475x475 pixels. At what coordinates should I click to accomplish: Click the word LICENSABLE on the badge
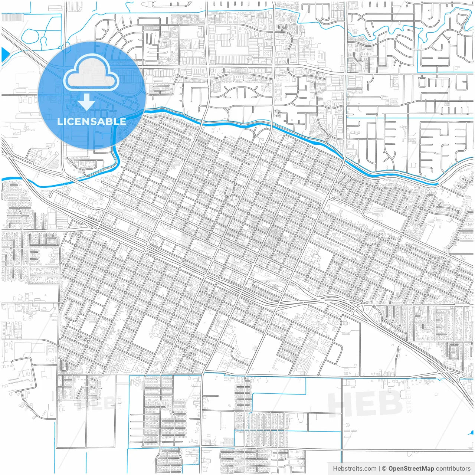point(91,121)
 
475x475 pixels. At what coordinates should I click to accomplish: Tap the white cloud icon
point(91,74)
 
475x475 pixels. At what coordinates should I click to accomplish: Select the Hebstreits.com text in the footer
point(354,469)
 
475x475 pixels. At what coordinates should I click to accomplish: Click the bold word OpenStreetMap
point(411,469)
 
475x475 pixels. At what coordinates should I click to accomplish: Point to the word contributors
point(453,469)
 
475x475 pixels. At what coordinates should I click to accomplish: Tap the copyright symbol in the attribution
point(384,469)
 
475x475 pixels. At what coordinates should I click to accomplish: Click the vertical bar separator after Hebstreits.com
point(379,469)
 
